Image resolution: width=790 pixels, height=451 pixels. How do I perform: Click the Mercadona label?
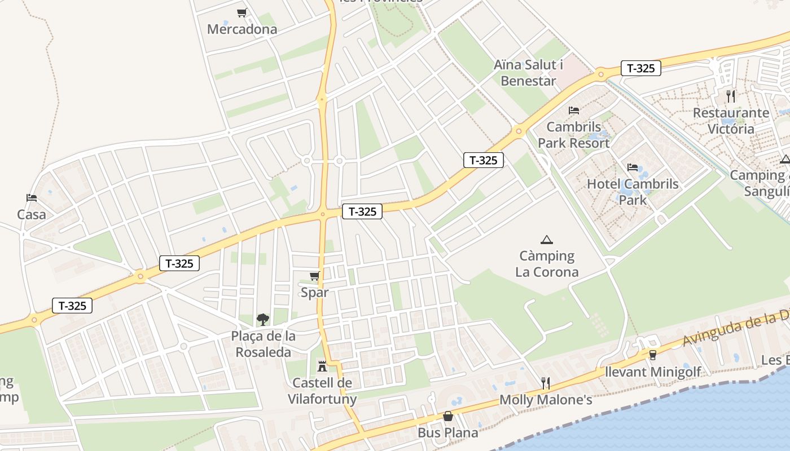(242, 29)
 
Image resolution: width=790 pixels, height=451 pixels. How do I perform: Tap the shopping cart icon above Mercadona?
(242, 13)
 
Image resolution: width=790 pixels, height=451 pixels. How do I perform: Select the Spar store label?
(314, 292)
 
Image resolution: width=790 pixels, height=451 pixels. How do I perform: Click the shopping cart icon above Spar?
(315, 276)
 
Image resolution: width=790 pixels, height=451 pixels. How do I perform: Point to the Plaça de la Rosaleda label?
(263, 344)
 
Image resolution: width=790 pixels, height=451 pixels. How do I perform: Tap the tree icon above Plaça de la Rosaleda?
(263, 320)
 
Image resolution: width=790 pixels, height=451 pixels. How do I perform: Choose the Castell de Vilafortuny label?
(322, 391)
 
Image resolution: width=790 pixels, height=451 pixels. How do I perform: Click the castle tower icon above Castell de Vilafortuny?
(322, 366)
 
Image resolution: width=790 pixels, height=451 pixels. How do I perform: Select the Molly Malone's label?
(546, 400)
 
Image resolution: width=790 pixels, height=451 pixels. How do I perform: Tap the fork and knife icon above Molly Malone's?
(546, 383)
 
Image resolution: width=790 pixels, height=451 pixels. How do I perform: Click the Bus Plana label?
(448, 432)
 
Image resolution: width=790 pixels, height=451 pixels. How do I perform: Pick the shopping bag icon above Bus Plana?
(448, 416)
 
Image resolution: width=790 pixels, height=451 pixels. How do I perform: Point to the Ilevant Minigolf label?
(653, 372)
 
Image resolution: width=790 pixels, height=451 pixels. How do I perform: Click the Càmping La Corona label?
(547, 264)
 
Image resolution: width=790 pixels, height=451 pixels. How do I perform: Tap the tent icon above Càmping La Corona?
(546, 240)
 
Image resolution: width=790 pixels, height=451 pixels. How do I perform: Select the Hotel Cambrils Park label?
(633, 192)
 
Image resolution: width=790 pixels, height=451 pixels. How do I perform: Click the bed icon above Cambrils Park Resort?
(574, 110)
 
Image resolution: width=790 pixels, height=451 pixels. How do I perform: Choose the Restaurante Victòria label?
(731, 121)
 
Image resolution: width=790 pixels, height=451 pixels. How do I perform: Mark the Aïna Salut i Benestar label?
(528, 73)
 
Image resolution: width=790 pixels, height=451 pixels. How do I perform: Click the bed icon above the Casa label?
(32, 198)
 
